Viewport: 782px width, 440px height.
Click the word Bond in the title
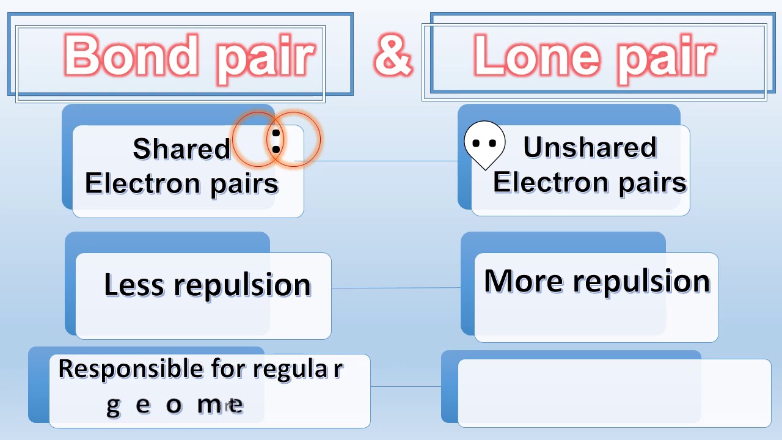click(x=131, y=55)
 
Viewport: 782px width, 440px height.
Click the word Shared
click(x=181, y=148)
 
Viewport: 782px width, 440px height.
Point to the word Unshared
click(x=590, y=147)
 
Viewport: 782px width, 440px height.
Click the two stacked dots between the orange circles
click(x=276, y=141)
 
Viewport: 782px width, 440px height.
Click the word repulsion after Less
click(x=243, y=285)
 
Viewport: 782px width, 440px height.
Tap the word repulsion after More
click(x=641, y=282)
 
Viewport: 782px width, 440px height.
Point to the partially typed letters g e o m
click(x=175, y=405)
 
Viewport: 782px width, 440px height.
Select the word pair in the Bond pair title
click(x=266, y=56)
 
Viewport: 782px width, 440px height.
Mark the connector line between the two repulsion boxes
click(x=396, y=288)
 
